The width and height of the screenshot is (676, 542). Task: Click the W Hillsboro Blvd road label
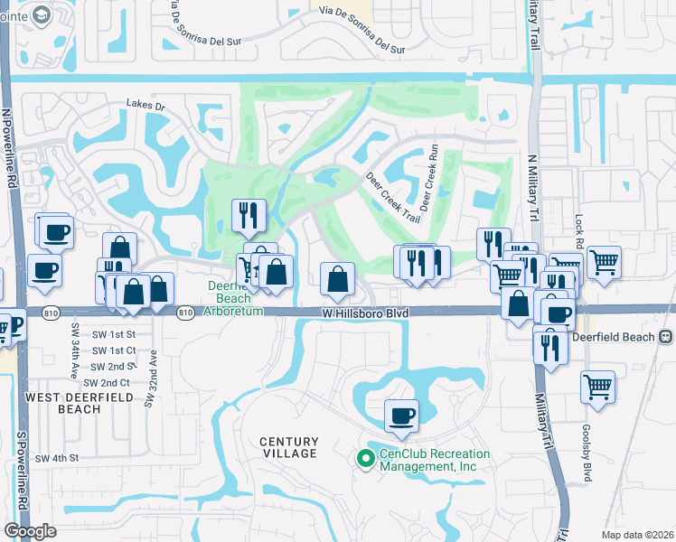pyautogui.click(x=366, y=313)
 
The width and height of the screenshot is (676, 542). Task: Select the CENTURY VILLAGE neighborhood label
pyautogui.click(x=289, y=447)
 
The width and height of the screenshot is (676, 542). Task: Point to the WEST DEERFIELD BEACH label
pyautogui.click(x=63, y=403)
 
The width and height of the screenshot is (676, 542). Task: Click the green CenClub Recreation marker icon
pyautogui.click(x=366, y=460)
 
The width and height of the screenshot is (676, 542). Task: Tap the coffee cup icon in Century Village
pyautogui.click(x=401, y=416)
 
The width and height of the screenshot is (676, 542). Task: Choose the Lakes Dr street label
pyautogui.click(x=146, y=106)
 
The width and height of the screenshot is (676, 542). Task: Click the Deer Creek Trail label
pyautogui.click(x=393, y=198)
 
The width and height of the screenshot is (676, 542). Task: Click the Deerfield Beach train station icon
pyautogui.click(x=665, y=336)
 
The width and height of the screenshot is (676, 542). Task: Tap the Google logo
pyautogui.click(x=31, y=530)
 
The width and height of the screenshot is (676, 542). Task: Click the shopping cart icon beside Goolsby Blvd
pyautogui.click(x=597, y=386)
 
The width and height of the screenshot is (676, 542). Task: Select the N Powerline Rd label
pyautogui.click(x=10, y=149)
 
